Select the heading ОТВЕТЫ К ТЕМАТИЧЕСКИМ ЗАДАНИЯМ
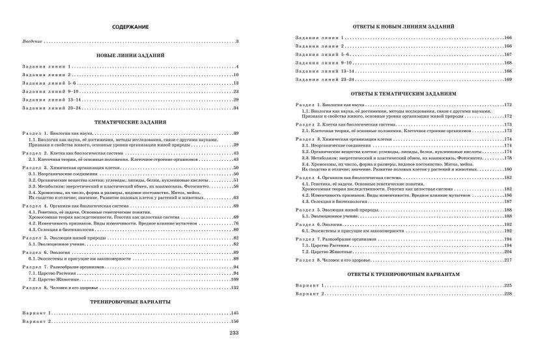pyautogui.click(x=398, y=92)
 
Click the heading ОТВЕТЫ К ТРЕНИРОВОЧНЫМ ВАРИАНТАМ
pyautogui.click(x=398, y=275)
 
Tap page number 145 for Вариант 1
pyautogui.click(x=236, y=313)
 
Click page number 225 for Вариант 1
pyautogui.click(x=507, y=286)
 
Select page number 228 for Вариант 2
pyautogui.click(x=507, y=294)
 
